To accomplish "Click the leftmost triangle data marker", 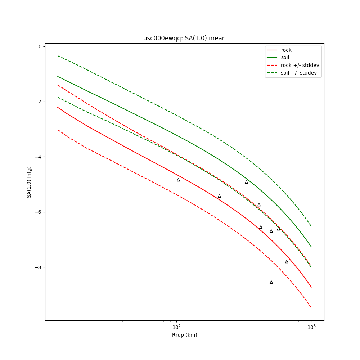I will (178, 180).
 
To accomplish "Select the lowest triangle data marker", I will (271, 282).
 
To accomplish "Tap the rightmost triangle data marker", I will (287, 262).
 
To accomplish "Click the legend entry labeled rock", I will (286, 50).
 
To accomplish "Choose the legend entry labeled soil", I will (285, 58).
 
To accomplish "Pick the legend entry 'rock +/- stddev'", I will (300, 65).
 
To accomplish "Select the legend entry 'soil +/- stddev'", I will (300, 73).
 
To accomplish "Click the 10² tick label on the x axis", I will (176, 326).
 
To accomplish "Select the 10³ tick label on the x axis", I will (311, 326).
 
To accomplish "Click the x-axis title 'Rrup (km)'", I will (184, 335).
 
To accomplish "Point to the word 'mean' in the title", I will (218, 38).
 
